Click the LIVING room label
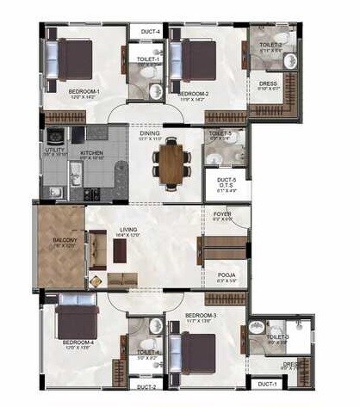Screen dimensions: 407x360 coord(129,230)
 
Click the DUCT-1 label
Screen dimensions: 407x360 coord(266,384)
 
